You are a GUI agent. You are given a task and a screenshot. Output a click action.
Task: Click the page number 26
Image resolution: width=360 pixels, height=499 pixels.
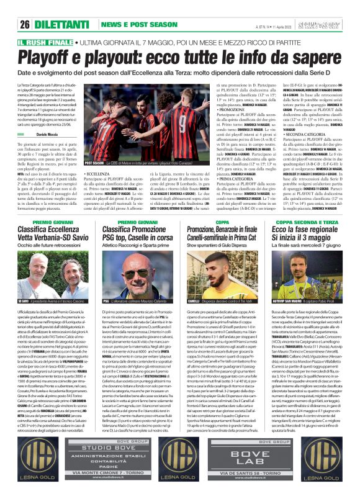[25, 24]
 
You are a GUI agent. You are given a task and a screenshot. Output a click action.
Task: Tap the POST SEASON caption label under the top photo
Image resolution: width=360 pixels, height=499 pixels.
[96, 163]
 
